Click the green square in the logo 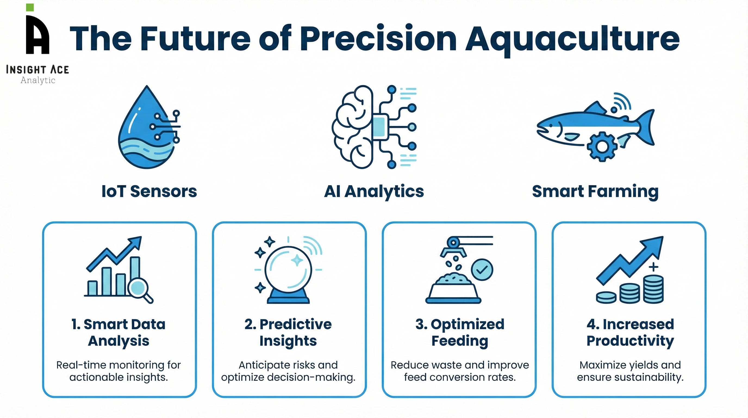pos(30,8)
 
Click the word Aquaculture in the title pos(572,39)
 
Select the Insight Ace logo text pos(38,70)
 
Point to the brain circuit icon pos(374,127)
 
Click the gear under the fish pos(602,146)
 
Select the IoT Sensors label pos(149,192)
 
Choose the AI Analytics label pos(374,192)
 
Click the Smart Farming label pos(595,192)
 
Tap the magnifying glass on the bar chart pos(139,288)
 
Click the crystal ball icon pos(288,270)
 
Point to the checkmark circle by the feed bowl pos(482,270)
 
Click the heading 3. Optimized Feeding pos(460,332)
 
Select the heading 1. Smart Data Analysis pos(119,332)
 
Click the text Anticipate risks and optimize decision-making pos(288,371)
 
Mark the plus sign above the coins pos(653,267)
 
